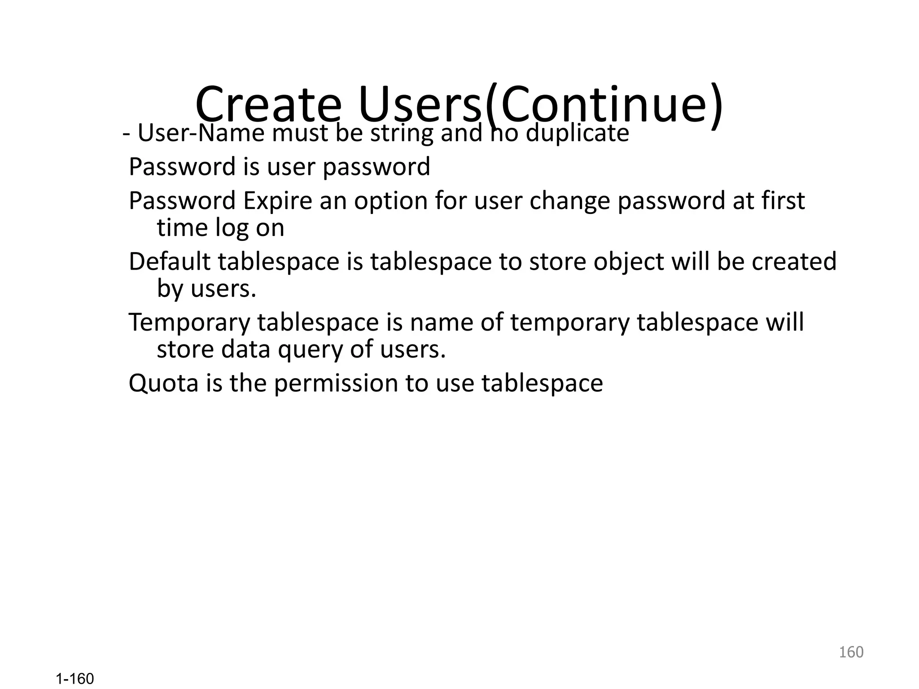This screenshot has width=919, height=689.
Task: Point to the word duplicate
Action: pos(577,133)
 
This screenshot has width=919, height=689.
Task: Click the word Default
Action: pos(169,262)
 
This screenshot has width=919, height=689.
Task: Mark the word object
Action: pos(628,262)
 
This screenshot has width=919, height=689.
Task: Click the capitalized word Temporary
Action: pos(189,323)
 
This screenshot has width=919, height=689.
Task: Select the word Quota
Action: pos(163,383)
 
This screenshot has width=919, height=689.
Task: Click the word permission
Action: pos(336,383)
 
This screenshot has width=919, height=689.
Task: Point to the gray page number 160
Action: pos(851,652)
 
